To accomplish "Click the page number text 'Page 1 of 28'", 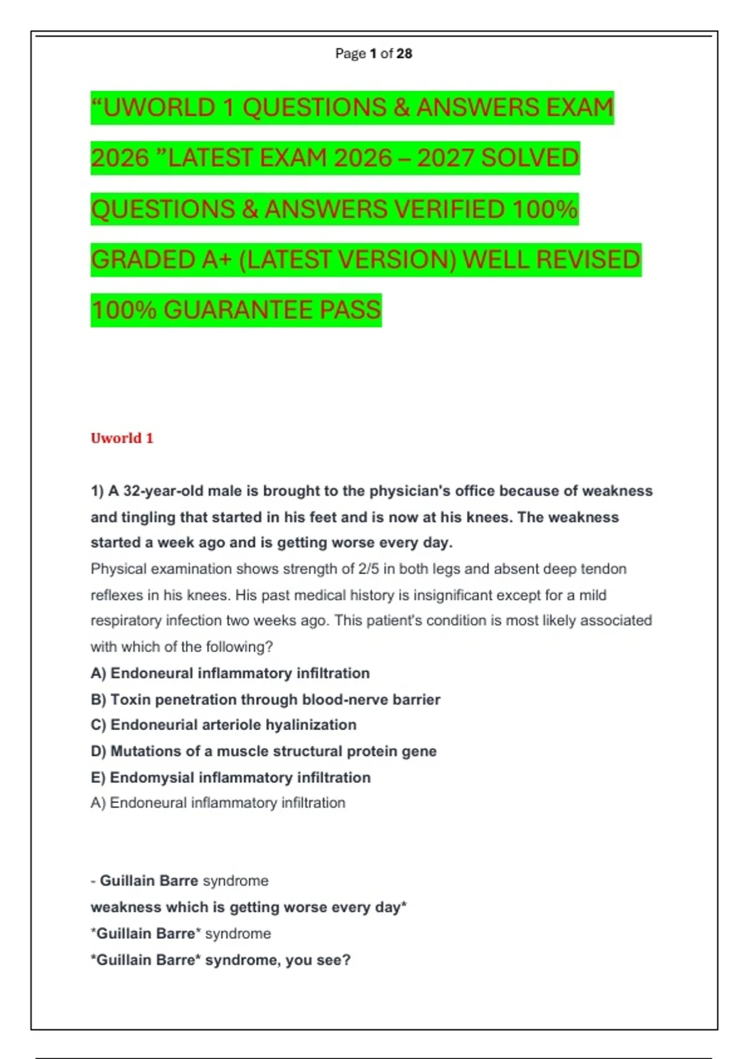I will click(x=373, y=54).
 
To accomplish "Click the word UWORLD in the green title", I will click(x=159, y=108).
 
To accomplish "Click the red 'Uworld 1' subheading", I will click(x=122, y=438).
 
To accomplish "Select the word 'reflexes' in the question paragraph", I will click(x=116, y=595).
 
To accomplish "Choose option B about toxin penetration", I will click(x=266, y=700).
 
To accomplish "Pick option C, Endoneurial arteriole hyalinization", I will click(x=223, y=725).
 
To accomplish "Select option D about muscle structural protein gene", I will click(x=263, y=751).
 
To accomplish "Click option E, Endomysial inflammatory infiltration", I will click(x=231, y=777).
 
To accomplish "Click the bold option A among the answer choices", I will click(x=230, y=673).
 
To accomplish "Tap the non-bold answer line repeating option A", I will click(x=218, y=803).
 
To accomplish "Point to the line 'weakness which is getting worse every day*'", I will click(x=248, y=907).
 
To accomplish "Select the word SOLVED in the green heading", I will click(x=530, y=158).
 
